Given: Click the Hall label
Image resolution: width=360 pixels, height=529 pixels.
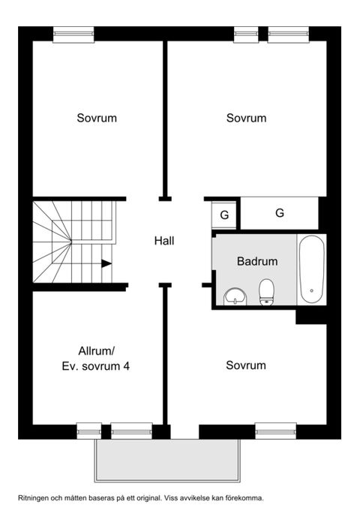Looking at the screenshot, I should pos(164,241).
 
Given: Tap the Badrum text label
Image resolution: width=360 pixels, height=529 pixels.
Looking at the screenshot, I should pos(257,262).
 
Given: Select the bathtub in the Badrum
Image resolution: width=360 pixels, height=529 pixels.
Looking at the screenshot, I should pos(311,269).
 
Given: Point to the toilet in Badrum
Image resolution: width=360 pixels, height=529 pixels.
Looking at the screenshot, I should pos(266,292).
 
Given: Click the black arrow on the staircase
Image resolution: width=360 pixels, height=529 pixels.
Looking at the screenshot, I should pos(106,263).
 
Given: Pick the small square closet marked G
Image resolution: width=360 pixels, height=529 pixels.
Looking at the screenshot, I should pos(223,215).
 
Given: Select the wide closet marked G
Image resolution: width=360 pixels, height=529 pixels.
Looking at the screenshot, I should pos(280,213).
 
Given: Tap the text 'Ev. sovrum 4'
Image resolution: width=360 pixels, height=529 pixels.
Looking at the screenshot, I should pos(97,366).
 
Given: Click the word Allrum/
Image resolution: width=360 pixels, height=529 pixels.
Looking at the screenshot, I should pos(97,350).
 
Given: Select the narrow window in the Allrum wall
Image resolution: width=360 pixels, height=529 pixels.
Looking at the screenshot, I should pos(88,431).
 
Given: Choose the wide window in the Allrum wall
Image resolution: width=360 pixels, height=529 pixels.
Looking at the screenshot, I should pos(132,431).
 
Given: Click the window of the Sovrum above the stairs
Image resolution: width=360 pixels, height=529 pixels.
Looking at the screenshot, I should pos(73,33).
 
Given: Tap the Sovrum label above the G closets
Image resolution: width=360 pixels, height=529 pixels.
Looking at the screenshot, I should pos(247,119).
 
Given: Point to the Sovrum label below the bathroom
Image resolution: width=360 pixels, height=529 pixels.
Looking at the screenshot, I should pos(246,365).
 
